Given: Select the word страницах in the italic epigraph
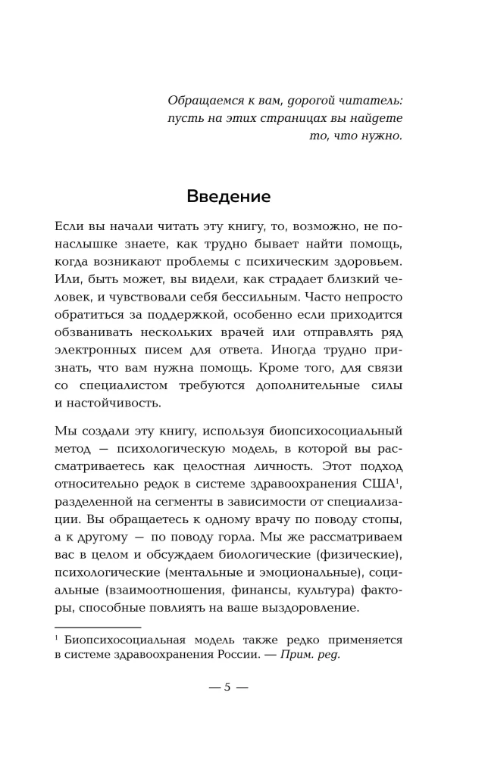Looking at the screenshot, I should point(287,118).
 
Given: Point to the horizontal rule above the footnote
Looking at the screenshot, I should point(99,627).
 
